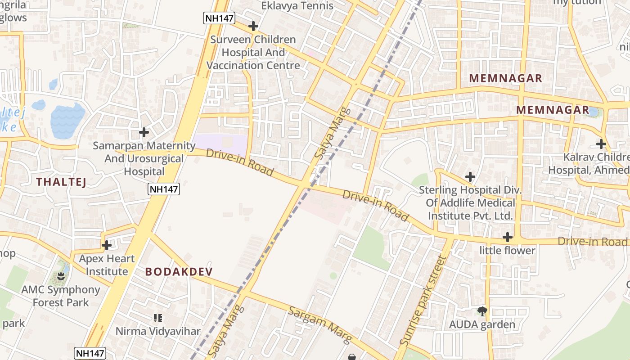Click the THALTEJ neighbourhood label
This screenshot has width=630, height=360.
61,182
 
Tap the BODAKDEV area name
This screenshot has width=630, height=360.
179,272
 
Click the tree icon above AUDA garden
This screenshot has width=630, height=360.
482,311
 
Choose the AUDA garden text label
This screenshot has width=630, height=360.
482,324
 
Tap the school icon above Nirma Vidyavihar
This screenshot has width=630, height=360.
157,318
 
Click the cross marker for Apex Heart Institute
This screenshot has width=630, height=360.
107,245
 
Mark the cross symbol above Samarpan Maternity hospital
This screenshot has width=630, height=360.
144,132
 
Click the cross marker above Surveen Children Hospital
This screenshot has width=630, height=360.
253,26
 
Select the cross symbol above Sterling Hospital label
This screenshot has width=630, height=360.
470,177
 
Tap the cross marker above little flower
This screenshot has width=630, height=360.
508,237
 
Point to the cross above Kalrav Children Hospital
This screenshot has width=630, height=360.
601,144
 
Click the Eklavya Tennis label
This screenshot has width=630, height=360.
297,6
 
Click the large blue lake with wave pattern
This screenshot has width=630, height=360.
67,121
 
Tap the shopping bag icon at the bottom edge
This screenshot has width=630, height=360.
352,357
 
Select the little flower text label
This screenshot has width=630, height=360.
508,251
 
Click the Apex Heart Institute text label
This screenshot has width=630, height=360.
107,265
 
